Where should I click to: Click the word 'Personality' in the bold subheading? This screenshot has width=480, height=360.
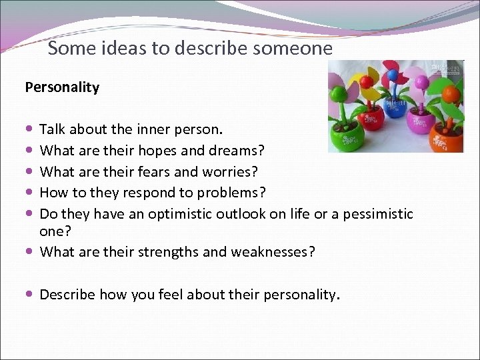click(x=62, y=87)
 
